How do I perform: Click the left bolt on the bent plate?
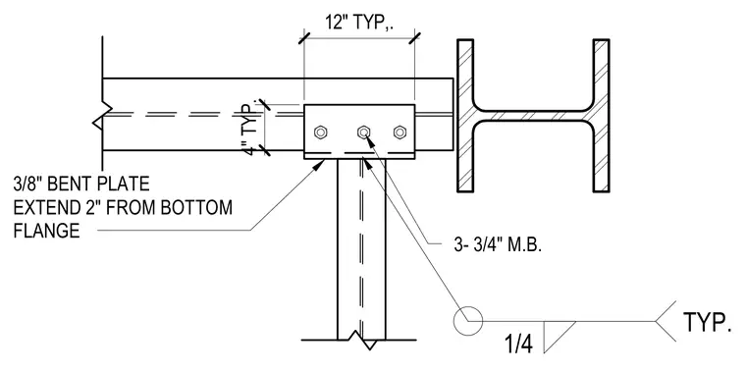click(320, 132)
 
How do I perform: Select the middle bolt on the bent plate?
click(363, 132)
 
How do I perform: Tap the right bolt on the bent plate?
click(400, 132)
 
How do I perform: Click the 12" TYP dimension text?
click(359, 23)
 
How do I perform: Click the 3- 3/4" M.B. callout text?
click(498, 245)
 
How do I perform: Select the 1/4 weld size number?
click(518, 344)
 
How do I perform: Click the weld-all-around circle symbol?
click(467, 321)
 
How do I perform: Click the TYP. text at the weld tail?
click(707, 322)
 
